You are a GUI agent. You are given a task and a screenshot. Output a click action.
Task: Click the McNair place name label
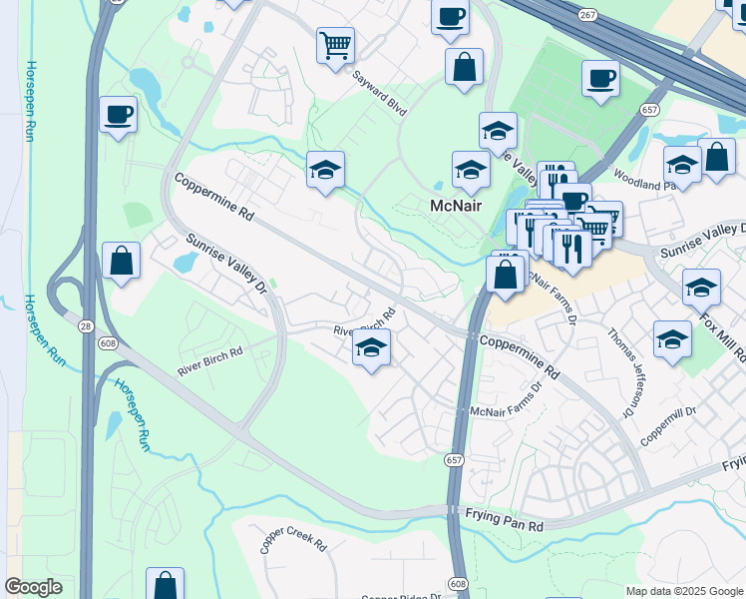(x=455, y=207)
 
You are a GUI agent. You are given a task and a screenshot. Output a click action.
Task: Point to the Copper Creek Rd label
(x=293, y=541)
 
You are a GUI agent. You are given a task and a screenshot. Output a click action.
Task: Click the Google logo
(x=33, y=587)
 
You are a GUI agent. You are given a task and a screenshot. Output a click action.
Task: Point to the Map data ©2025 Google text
(x=683, y=591)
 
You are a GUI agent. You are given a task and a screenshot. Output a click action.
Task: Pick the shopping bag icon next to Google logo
(x=165, y=584)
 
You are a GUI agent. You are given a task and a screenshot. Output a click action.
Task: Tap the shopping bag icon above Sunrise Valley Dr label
(x=121, y=261)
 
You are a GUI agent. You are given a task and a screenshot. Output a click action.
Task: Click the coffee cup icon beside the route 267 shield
(x=449, y=16)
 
